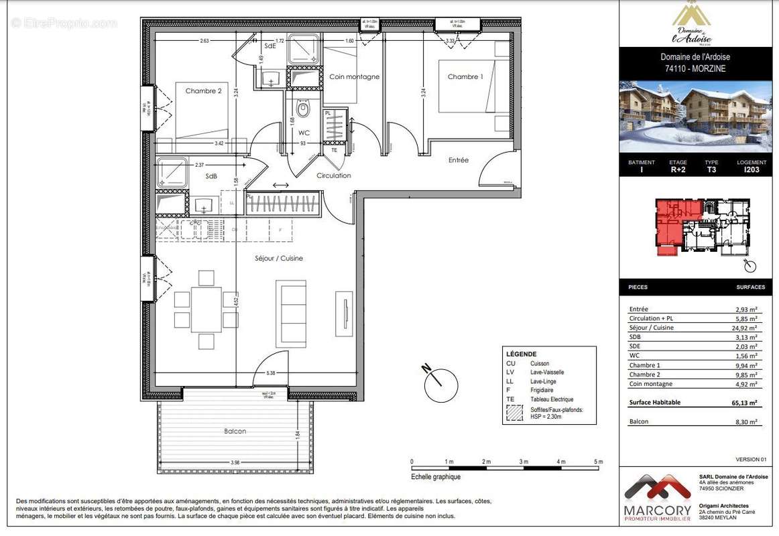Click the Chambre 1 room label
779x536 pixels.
tap(465, 77)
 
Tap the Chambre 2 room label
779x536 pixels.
tap(203, 91)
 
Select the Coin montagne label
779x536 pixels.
tap(354, 77)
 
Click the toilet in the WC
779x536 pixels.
tap(303, 109)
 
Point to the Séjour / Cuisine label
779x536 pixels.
tap(279, 258)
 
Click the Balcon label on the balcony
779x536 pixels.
tap(235, 431)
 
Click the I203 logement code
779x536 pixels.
tap(752, 170)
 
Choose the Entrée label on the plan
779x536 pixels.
tap(459, 160)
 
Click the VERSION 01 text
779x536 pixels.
tap(750, 460)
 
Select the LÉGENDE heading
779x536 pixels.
tap(522, 354)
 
